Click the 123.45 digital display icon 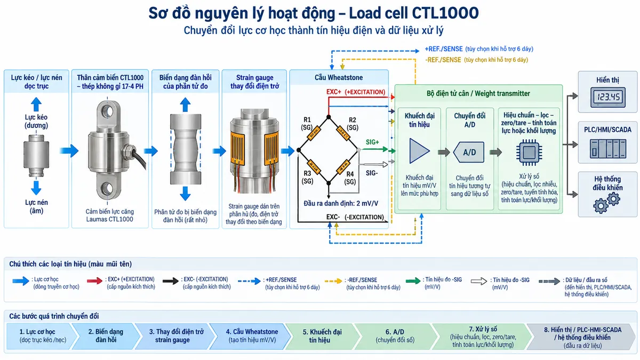(607, 98)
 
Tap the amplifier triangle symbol (419, 151)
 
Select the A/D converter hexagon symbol (469, 153)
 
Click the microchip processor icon (529, 153)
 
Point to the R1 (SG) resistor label (307, 123)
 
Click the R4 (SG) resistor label (350, 178)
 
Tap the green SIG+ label (372, 142)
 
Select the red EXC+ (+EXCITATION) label (356, 92)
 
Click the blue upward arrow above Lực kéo (36, 105)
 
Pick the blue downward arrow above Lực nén (36, 188)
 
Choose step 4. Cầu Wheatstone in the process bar (252, 335)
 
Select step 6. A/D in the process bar (395, 335)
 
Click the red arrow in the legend (94, 281)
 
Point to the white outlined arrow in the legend (479, 282)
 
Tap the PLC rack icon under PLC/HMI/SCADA (607, 149)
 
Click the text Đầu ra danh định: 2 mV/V (341, 203)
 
